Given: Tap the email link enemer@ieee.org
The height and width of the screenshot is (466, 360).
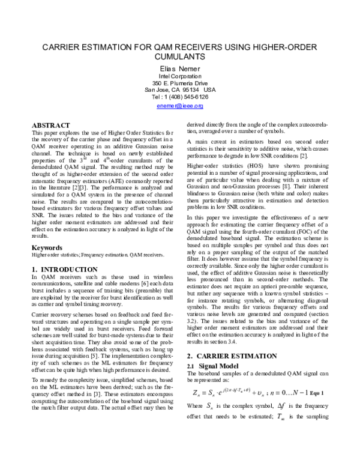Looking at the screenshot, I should pyautogui.click(x=180, y=106).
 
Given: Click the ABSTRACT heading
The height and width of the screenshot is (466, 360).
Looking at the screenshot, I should pyautogui.click(x=51, y=125).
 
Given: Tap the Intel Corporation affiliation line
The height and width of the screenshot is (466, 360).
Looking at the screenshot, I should pyautogui.click(x=180, y=76).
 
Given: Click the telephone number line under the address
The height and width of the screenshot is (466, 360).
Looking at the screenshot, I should pyautogui.click(x=180, y=97).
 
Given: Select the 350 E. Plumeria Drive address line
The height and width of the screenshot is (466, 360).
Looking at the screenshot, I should pyautogui.click(x=180, y=83).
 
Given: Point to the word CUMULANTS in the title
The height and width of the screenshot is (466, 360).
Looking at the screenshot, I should pyautogui.click(x=180, y=57).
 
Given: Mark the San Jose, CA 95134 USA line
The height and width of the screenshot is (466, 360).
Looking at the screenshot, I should pyautogui.click(x=180, y=90).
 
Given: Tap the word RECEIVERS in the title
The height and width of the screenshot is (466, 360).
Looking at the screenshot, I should pyautogui.click(x=207, y=46).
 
